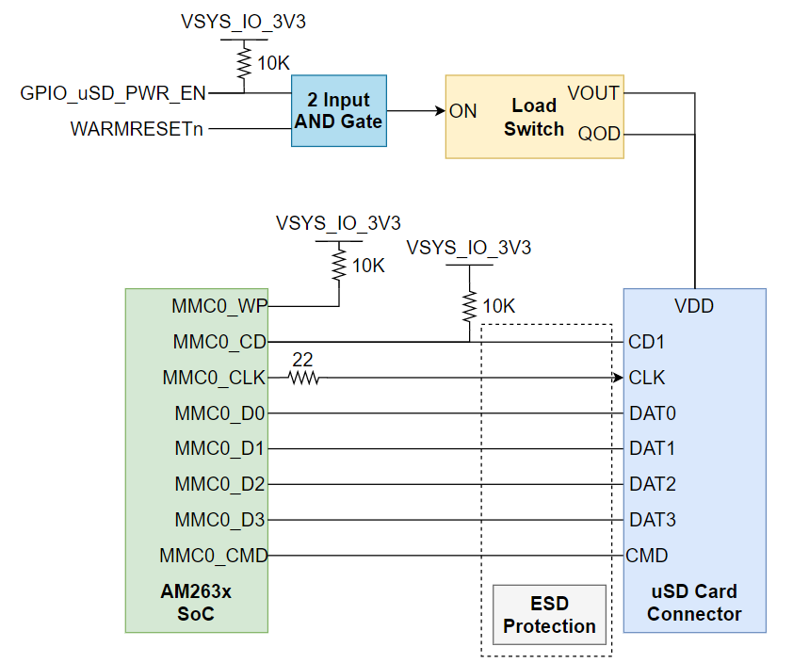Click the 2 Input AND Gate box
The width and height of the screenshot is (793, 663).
click(338, 111)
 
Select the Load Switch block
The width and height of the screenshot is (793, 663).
click(534, 116)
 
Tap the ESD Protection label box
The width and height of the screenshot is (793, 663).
click(549, 614)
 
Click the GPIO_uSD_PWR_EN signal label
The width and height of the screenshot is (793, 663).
click(113, 92)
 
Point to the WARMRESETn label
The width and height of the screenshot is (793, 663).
click(137, 129)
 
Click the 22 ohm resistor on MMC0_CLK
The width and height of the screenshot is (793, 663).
click(303, 378)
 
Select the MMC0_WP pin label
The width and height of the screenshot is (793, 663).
click(218, 306)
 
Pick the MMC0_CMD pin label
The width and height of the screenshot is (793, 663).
click(214, 556)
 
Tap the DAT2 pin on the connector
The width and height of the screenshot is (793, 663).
click(652, 484)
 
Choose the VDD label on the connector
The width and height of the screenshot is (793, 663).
click(694, 306)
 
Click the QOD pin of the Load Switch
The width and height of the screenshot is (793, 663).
click(599, 134)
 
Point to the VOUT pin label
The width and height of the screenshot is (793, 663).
click(593, 93)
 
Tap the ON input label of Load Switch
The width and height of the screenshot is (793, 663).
click(463, 111)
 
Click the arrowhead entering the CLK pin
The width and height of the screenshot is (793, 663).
click(618, 378)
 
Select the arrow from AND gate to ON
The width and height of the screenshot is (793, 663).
click(415, 111)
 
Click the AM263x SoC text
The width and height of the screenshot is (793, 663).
click(197, 603)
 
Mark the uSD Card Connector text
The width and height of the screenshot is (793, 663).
click(694, 603)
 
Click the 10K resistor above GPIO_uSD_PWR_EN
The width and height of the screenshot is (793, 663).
click(244, 64)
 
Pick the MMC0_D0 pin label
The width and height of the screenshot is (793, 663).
click(220, 412)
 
